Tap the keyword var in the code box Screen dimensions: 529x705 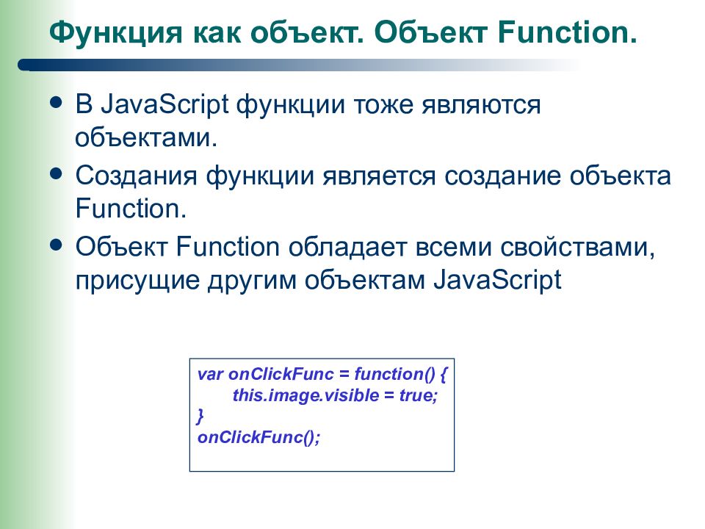tap(208, 374)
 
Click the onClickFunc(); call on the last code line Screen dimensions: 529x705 tap(259, 437)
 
